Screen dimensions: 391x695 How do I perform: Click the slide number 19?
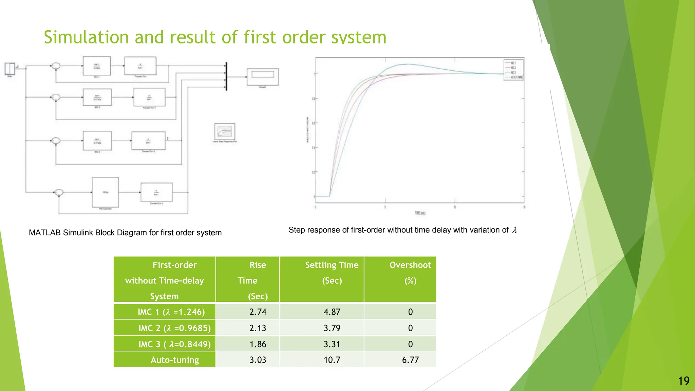[x=684, y=381]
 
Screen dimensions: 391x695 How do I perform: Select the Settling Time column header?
[x=332, y=273]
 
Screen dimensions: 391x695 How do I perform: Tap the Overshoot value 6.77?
[x=410, y=360]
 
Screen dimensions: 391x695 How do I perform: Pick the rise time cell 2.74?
[x=258, y=312]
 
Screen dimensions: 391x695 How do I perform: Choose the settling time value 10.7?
[x=332, y=360]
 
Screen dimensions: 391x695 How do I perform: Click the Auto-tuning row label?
[x=175, y=360]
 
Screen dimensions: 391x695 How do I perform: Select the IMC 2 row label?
[x=174, y=328]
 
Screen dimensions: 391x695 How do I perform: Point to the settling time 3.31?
[x=332, y=344]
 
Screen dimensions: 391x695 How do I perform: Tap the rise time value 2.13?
[x=258, y=328]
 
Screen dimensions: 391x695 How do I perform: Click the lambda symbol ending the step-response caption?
[x=514, y=230]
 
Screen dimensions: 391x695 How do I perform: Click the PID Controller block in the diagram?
[x=106, y=192]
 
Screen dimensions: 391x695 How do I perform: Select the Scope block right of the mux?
[x=263, y=77]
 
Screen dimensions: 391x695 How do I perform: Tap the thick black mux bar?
[x=226, y=77]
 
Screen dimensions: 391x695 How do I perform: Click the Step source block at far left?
[x=10, y=69]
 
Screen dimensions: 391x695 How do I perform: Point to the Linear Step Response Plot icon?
[x=225, y=131]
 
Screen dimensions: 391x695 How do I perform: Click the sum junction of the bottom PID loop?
[x=59, y=192]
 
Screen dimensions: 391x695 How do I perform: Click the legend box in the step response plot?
[x=513, y=70]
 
